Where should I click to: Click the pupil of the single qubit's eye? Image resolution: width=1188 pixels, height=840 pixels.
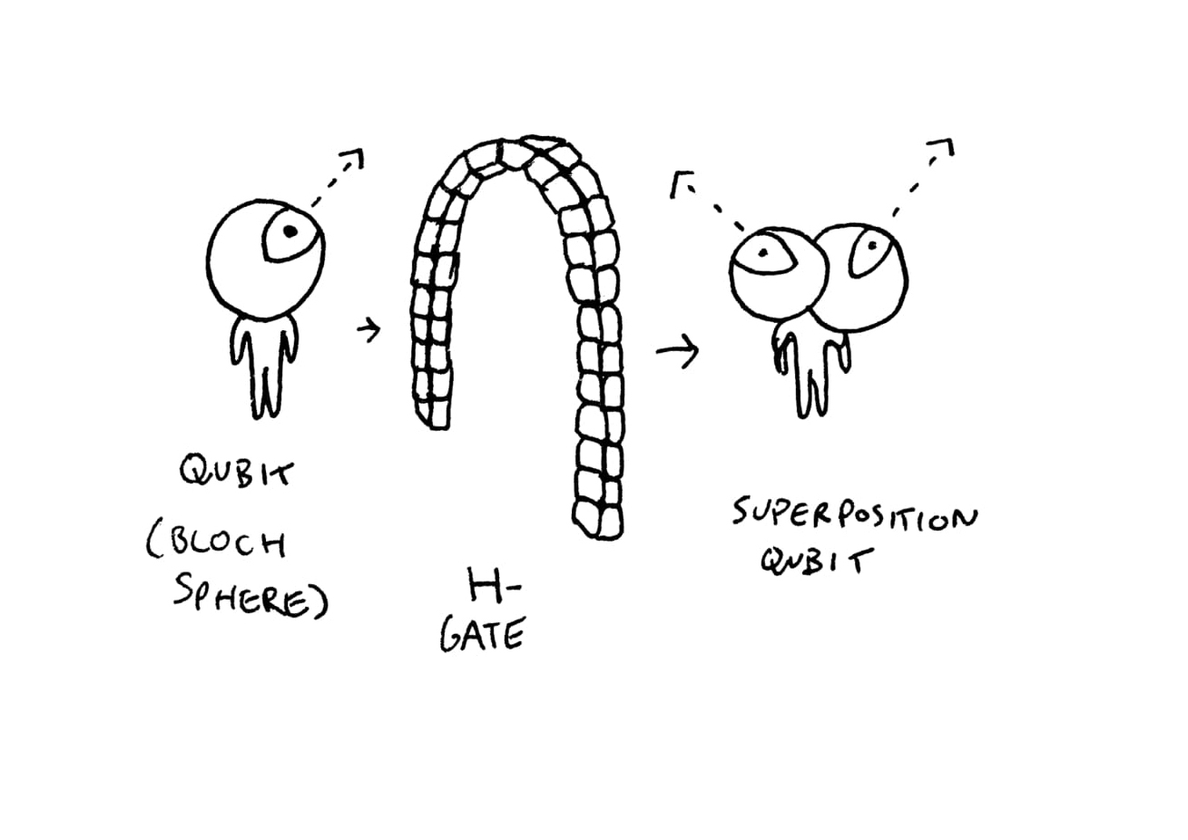290,232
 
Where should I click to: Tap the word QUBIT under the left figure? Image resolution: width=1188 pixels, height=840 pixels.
237,473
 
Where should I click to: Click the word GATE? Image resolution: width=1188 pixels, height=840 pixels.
482,636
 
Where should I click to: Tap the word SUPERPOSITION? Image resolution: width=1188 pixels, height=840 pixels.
855,516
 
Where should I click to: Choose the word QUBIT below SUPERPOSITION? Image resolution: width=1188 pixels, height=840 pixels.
810,561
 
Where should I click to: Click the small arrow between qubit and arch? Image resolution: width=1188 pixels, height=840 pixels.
368,330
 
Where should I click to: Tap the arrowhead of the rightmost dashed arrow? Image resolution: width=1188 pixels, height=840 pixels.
944,148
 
